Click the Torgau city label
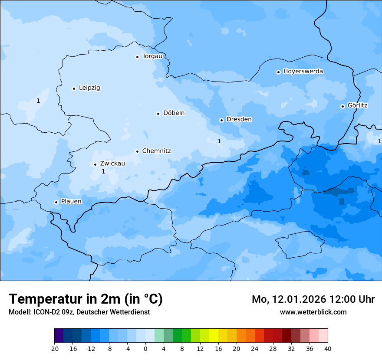click(152, 56)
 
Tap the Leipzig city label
click(89, 88)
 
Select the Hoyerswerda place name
click(303, 72)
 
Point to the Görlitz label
click(357, 106)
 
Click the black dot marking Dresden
click(221, 120)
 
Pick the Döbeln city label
click(174, 113)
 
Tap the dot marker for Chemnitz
click(137, 151)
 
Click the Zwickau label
click(112, 164)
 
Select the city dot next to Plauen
click(56, 202)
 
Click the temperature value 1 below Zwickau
click(103, 172)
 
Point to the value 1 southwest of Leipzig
click(38, 101)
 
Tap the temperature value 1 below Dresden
click(219, 141)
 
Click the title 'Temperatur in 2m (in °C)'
click(86, 299)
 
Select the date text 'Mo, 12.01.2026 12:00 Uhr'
click(313, 299)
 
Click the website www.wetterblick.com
click(313, 312)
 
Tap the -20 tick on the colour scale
click(54, 349)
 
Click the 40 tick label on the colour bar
click(327, 349)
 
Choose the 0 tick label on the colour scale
click(145, 349)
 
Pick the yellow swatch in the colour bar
click(214, 336)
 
